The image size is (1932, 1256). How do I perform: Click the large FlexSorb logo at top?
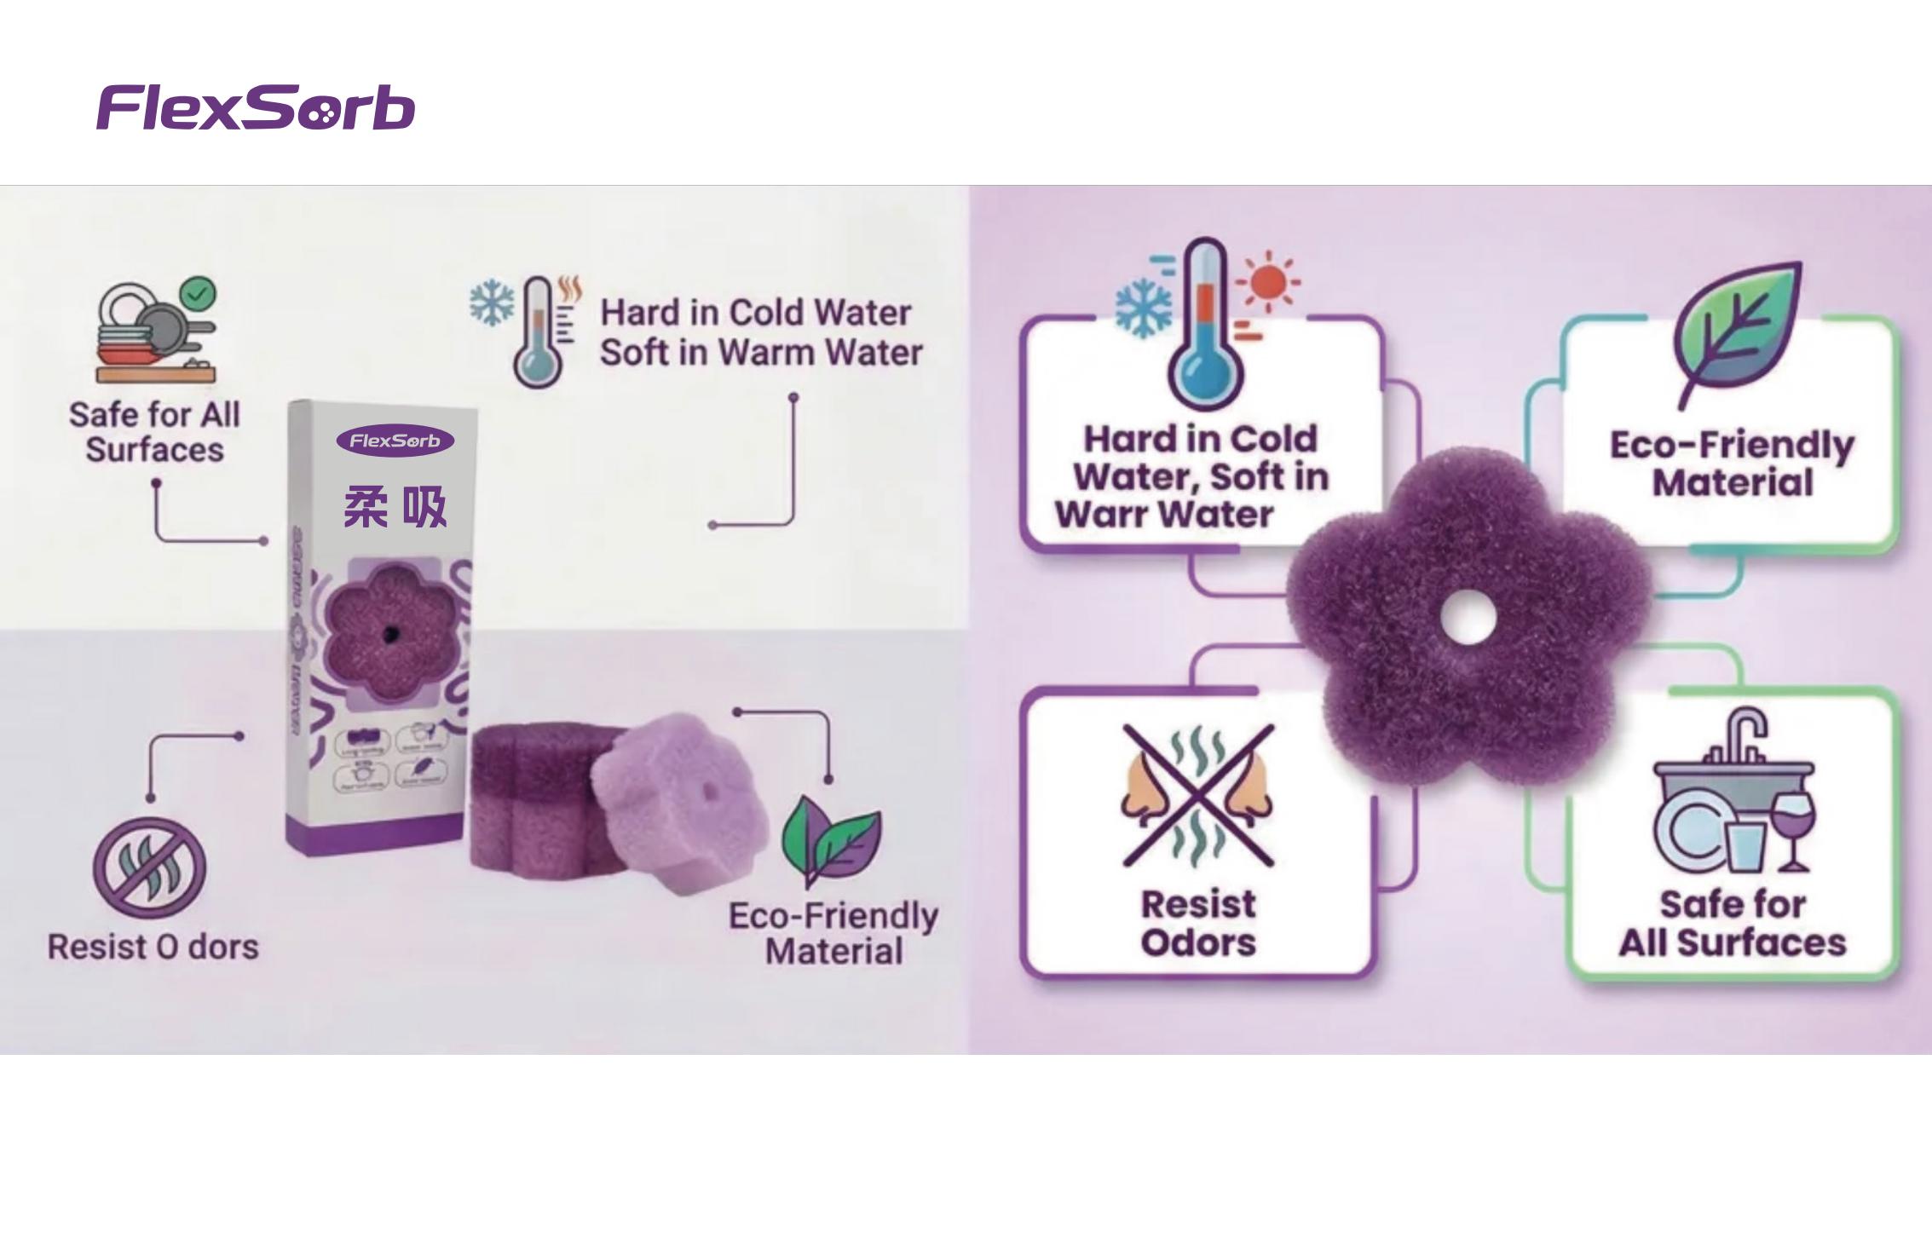coord(256,107)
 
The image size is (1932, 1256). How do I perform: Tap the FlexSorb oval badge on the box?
coord(395,441)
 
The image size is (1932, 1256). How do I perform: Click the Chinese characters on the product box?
coord(395,508)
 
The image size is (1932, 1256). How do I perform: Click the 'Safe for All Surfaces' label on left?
coord(154,432)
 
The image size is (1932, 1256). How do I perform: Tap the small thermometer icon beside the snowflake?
coord(537,332)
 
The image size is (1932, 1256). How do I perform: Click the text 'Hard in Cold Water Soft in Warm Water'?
coord(760,332)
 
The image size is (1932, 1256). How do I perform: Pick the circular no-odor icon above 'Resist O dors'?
coord(149,867)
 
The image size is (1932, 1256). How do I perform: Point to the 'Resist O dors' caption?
coord(153,947)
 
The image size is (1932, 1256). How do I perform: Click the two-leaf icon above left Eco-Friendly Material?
coord(831,839)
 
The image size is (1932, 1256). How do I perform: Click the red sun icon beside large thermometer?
coord(1268,280)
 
